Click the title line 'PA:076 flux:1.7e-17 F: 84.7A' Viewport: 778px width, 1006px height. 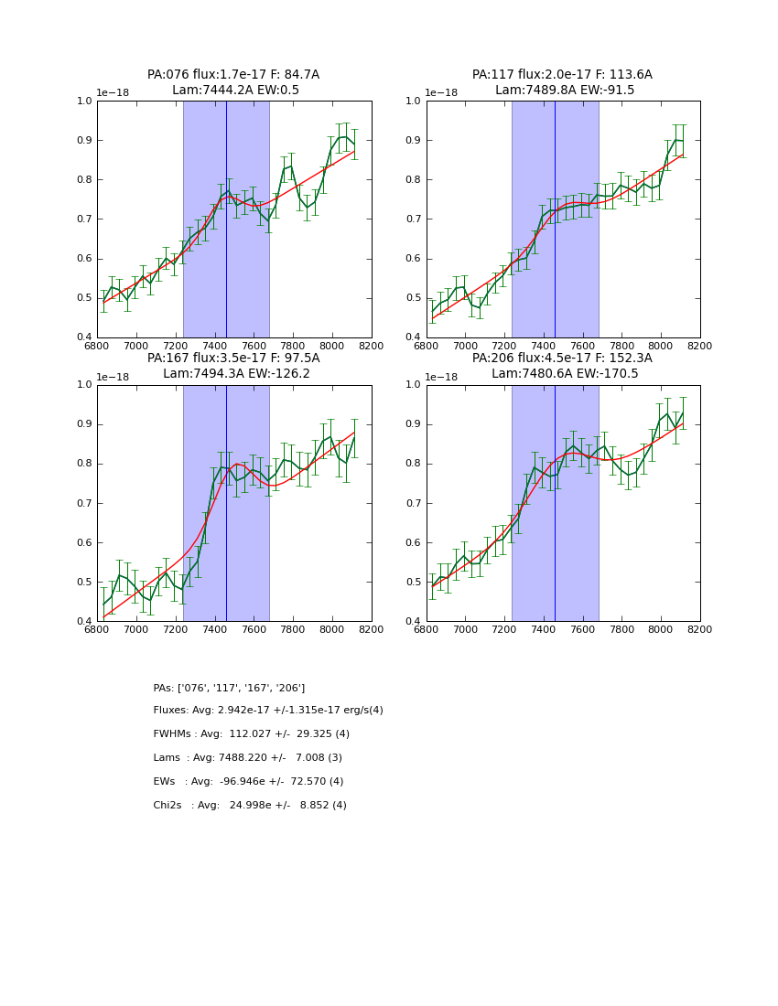pos(233,75)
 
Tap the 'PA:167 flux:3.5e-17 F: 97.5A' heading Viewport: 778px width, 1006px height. pos(233,359)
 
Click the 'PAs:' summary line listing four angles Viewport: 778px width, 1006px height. pos(229,688)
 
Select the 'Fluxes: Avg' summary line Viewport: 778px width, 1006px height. pos(268,711)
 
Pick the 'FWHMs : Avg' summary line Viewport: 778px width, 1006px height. pos(252,734)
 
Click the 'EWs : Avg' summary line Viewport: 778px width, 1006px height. pos(248,782)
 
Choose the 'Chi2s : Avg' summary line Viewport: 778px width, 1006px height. pos(250,806)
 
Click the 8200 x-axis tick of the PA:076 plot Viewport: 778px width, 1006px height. pos(371,346)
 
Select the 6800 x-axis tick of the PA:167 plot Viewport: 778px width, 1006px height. pos(97,629)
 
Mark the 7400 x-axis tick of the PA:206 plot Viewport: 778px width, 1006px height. pos(544,629)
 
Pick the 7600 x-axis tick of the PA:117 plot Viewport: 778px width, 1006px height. pos(583,346)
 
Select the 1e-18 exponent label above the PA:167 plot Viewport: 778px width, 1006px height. pos(113,377)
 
